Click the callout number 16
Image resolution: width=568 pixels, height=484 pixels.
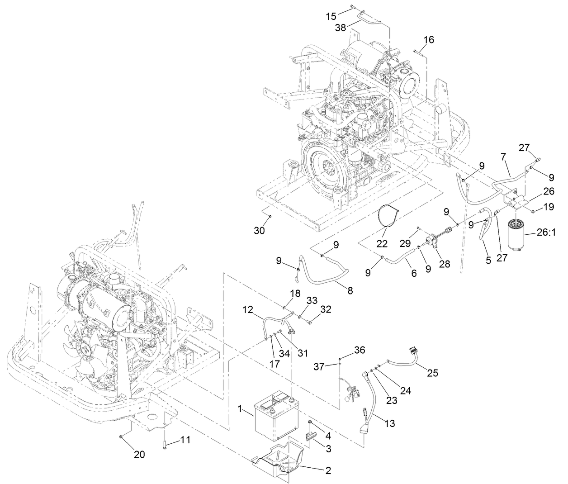point(428,40)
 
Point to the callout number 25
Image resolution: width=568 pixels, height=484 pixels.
point(433,373)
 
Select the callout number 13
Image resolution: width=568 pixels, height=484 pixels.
point(389,423)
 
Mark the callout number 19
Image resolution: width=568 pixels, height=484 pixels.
point(549,207)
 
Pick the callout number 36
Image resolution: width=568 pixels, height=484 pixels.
point(359,350)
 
